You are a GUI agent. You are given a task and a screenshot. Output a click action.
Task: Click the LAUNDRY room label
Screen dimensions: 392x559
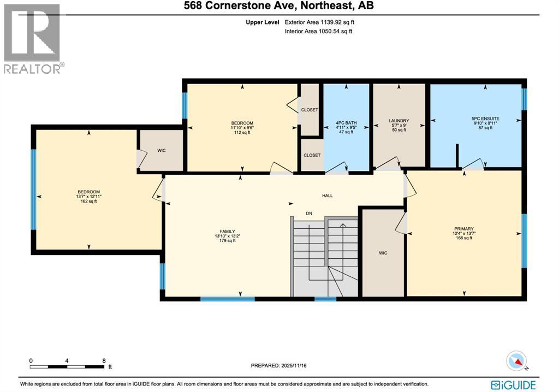pyautogui.click(x=399, y=121)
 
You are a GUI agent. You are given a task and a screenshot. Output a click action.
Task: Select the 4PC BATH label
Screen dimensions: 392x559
pyautogui.click(x=346, y=123)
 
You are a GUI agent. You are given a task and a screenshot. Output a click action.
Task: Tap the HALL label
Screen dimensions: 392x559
pyautogui.click(x=327, y=195)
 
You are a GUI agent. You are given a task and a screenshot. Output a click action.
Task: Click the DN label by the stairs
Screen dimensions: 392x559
pyautogui.click(x=308, y=213)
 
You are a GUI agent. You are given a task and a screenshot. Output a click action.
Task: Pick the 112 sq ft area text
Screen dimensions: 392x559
pyautogui.click(x=242, y=132)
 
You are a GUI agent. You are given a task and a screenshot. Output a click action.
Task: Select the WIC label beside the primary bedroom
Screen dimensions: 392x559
pyautogui.click(x=383, y=253)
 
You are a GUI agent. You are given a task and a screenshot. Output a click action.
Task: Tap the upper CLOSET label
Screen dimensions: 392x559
pyautogui.click(x=310, y=110)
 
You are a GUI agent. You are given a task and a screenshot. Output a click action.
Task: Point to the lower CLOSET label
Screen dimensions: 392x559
pyautogui.click(x=312, y=155)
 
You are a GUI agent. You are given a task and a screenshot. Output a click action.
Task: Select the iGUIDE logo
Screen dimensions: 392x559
pyautogui.click(x=513, y=384)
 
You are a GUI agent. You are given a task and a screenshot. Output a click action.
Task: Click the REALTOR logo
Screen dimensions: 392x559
pyautogui.click(x=33, y=38)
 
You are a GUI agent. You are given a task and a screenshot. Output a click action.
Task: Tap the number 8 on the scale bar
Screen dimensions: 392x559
pyautogui.click(x=103, y=361)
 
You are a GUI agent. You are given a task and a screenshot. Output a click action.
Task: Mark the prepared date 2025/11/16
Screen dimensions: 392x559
pyautogui.click(x=282, y=366)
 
